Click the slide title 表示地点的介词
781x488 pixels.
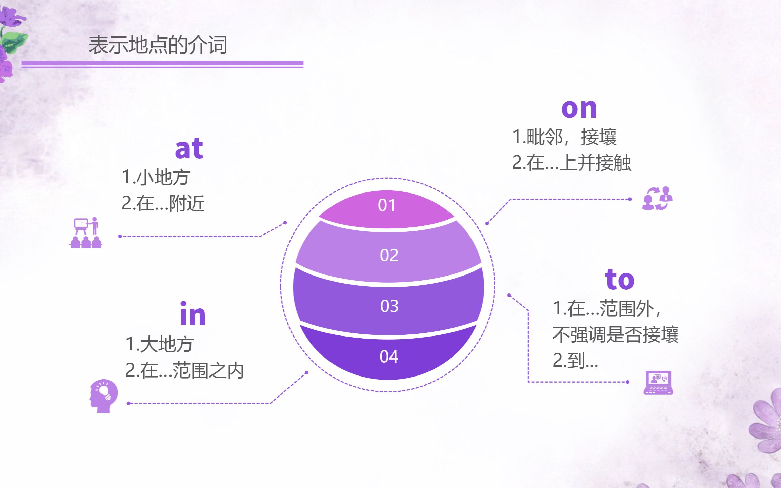pyautogui.click(x=158, y=45)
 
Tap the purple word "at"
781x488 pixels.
pyautogui.click(x=189, y=149)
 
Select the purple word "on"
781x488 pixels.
pyautogui.click(x=579, y=109)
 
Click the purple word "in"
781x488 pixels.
pyautogui.click(x=193, y=314)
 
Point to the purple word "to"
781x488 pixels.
pyautogui.click(x=620, y=280)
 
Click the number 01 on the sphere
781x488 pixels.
pyautogui.click(x=387, y=205)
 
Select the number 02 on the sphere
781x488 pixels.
pyautogui.click(x=389, y=255)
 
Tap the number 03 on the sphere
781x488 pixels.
pyautogui.click(x=389, y=306)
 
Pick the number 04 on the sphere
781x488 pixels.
pyautogui.click(x=389, y=357)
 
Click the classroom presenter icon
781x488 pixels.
pyautogui.click(x=86, y=233)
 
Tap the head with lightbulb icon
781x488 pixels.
pyautogui.click(x=104, y=395)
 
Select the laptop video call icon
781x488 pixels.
pyautogui.click(x=658, y=383)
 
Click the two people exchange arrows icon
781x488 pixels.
pyautogui.click(x=657, y=199)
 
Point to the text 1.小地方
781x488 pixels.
pyautogui.click(x=156, y=177)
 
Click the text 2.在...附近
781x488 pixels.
pyautogui.click(x=163, y=203)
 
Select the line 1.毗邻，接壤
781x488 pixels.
pyautogui.click(x=564, y=137)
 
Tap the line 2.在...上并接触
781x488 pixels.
pyautogui.click(x=572, y=163)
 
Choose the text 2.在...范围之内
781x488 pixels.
pyautogui.click(x=184, y=370)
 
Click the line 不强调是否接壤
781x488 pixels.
pyautogui.click(x=615, y=334)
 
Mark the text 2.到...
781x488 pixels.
pyautogui.click(x=575, y=361)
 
